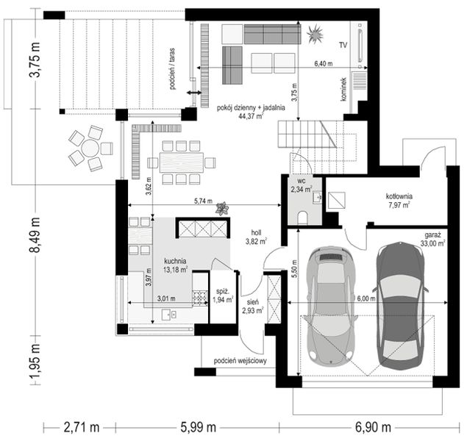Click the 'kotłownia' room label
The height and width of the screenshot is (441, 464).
[x=399, y=196]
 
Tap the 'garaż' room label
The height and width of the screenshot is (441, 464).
[x=433, y=235]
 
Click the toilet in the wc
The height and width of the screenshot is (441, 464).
[x=302, y=218]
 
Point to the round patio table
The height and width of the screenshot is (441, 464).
[x=90, y=148]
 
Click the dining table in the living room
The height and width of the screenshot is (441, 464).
[x=182, y=162]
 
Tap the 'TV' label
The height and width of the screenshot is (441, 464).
[x=343, y=45]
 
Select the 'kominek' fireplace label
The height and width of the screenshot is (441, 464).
[x=343, y=90]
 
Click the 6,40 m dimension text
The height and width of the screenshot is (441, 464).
[x=323, y=64]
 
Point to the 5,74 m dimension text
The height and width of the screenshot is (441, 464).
[x=203, y=201]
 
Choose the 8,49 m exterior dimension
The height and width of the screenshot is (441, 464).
[x=35, y=235]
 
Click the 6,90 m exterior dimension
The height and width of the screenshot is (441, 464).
[x=373, y=427]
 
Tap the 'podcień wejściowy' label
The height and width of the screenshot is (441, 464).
[x=240, y=361]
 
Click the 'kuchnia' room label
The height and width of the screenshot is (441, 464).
[x=175, y=261]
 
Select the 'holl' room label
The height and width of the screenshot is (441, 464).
[x=256, y=233]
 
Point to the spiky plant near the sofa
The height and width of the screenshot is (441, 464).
[x=315, y=34]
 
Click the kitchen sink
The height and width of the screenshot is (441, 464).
[x=169, y=315]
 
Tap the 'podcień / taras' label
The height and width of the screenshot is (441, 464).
[x=172, y=68]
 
